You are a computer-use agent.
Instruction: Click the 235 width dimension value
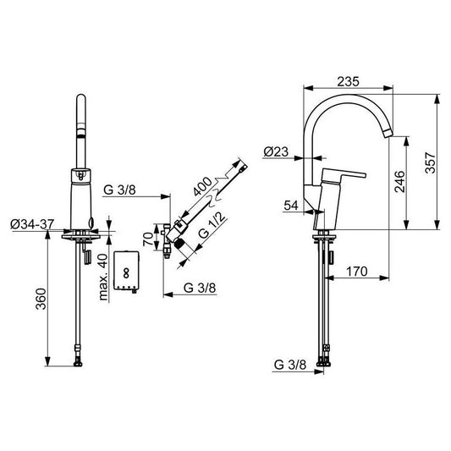pyautogui.click(x=348, y=82)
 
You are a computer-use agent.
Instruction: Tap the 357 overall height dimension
pyautogui.click(x=431, y=162)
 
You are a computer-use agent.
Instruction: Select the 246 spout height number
pyautogui.click(x=399, y=181)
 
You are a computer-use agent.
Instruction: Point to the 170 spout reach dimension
pyautogui.click(x=357, y=272)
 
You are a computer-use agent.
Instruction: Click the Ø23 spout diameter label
pyautogui.click(x=276, y=151)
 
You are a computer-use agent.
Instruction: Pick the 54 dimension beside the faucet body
pyautogui.click(x=291, y=206)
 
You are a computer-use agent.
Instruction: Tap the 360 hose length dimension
pyautogui.click(x=41, y=299)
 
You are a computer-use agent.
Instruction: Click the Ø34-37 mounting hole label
pyautogui.click(x=32, y=224)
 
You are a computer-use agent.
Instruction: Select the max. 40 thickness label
pyautogui.click(x=102, y=277)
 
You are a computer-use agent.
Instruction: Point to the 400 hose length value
pyautogui.click(x=202, y=186)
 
